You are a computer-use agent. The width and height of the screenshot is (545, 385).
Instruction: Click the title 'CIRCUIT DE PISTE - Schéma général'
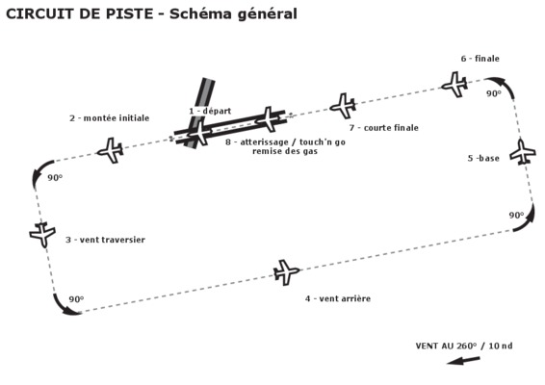point(151,14)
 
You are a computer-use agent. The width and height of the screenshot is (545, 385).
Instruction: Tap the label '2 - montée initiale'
point(110,118)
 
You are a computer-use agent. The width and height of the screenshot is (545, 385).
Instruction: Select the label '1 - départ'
point(210,112)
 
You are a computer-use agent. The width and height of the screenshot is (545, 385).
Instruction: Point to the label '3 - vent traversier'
point(105,240)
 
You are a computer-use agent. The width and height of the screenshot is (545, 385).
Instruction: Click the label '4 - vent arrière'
point(338,298)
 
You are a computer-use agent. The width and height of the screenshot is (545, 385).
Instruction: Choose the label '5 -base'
point(483,159)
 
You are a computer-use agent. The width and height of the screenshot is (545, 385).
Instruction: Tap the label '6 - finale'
point(480,59)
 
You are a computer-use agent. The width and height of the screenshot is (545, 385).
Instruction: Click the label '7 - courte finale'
point(384,128)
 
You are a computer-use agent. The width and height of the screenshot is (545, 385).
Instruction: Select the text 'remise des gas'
point(285,151)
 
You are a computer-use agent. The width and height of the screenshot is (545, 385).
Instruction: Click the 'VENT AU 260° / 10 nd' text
point(464,346)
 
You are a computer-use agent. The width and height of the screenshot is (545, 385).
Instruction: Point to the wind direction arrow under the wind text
point(463,361)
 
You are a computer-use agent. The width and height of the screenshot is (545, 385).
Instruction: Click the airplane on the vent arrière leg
point(286,272)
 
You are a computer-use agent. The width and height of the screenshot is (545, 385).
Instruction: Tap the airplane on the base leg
point(523,152)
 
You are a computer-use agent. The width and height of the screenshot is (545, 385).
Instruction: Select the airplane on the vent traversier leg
point(42,235)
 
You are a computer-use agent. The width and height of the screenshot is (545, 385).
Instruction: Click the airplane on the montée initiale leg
point(111,150)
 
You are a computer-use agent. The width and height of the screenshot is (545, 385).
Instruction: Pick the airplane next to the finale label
point(454,85)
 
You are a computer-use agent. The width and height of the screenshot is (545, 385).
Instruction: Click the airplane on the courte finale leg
point(343,106)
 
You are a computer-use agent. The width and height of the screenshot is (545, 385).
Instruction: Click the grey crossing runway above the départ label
point(200,113)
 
